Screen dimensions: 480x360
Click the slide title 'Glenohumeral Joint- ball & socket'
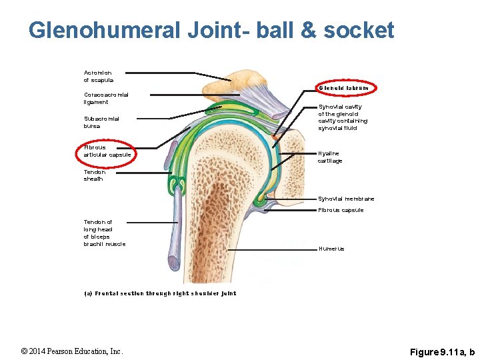click(211, 30)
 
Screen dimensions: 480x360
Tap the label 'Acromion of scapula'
click(98, 76)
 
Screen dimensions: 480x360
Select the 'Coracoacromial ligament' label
click(106, 98)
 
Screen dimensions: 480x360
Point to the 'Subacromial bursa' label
click(101, 122)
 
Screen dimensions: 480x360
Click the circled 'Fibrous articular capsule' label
click(107, 151)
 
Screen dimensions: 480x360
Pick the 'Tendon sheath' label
click(95, 175)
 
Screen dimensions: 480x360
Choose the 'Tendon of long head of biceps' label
click(104, 233)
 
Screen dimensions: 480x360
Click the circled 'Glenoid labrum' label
click(343, 88)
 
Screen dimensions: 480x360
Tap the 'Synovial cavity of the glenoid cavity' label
click(343, 117)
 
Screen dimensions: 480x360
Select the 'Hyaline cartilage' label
click(330, 157)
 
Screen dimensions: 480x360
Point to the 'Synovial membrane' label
click(346, 199)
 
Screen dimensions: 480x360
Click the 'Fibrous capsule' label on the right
click(341, 211)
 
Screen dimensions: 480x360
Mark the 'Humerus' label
click(331, 249)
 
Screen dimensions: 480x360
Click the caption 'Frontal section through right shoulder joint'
click(160, 293)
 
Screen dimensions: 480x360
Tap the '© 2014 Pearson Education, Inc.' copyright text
click(72, 351)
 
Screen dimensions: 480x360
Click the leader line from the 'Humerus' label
click(273, 249)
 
